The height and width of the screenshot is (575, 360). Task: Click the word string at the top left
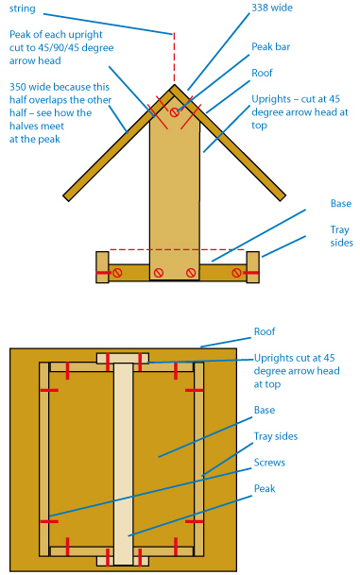point(23,8)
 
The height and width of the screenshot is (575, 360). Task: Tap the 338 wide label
point(272,8)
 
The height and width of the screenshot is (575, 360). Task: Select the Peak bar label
point(271,46)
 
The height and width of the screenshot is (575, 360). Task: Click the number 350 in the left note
point(18,87)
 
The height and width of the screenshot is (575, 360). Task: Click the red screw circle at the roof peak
point(175,112)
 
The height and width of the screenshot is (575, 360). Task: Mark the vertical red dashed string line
point(174,58)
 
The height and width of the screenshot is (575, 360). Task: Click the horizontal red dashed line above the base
point(178,249)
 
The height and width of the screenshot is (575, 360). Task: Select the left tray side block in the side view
point(102,267)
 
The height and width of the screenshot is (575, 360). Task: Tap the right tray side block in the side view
point(253,267)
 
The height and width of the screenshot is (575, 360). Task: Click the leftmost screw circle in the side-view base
point(117,273)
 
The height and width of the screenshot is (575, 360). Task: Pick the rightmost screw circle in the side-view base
point(237,273)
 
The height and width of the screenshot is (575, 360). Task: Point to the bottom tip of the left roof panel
point(67,198)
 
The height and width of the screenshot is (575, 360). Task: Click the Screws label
point(269,463)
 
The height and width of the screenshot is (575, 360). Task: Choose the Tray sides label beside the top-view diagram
point(276,436)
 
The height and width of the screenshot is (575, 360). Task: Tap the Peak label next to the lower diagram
point(265,488)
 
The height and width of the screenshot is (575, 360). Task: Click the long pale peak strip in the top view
point(123,464)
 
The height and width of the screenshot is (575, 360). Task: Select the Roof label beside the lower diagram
point(265,331)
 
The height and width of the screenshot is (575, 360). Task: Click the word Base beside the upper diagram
point(341,204)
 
